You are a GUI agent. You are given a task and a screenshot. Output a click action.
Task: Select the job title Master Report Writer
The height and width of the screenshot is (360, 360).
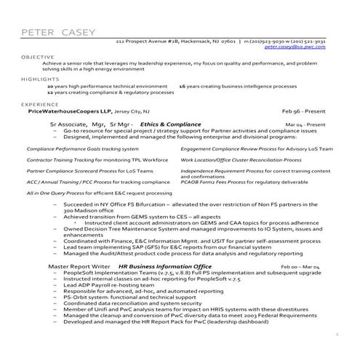tap(79, 267)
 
